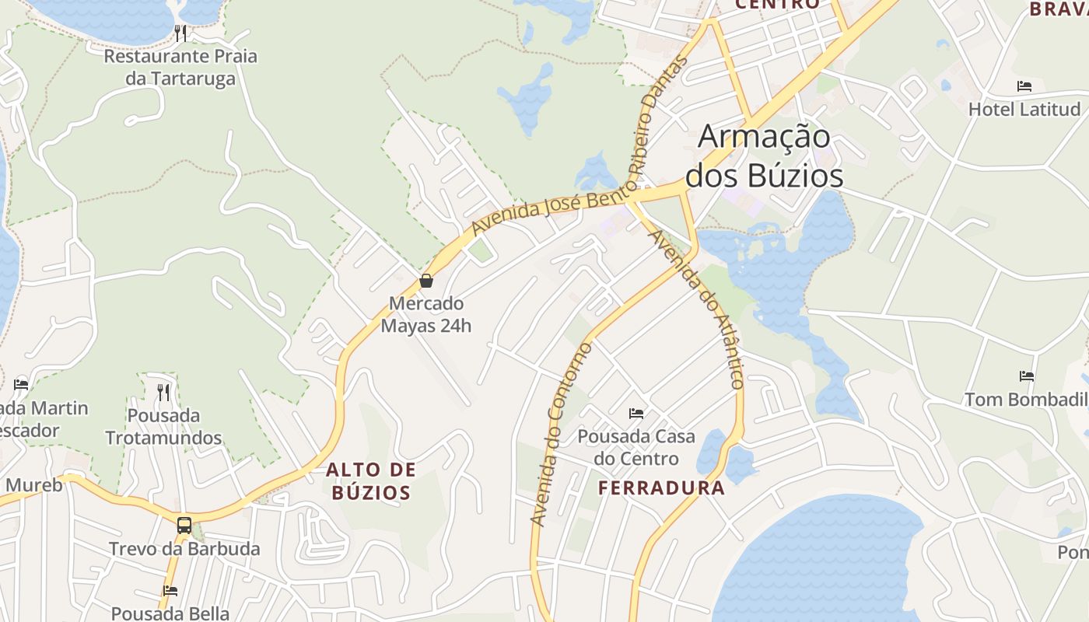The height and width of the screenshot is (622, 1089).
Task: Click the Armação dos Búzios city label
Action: (x=764, y=156)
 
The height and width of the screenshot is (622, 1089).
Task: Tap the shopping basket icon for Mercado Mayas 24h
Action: (x=426, y=281)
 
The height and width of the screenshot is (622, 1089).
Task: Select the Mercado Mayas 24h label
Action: (x=426, y=314)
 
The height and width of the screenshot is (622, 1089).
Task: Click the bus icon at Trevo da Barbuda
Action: (x=184, y=525)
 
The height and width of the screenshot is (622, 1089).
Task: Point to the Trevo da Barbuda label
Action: (x=184, y=549)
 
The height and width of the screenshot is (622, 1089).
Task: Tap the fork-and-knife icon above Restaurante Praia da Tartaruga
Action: (x=180, y=33)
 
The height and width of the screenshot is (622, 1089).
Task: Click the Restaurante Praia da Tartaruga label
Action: (x=180, y=67)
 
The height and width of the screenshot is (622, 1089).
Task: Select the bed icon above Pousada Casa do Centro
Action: (x=636, y=413)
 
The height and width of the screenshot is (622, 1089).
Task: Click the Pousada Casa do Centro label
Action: (x=636, y=447)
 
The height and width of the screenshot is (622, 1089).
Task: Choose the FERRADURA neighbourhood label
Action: (x=661, y=488)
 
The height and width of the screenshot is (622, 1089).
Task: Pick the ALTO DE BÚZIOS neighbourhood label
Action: (x=371, y=480)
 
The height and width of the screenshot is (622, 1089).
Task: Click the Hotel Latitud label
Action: (x=1024, y=110)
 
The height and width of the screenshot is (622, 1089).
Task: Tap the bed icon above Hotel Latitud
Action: (x=1024, y=86)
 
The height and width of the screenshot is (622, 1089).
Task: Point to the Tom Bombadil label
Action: (x=1025, y=400)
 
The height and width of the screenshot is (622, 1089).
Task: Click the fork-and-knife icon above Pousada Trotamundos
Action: (x=163, y=392)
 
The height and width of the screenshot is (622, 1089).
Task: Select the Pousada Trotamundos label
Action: (x=163, y=426)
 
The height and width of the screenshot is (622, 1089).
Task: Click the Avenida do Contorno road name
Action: (x=561, y=435)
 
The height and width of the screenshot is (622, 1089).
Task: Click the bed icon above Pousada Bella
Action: (x=170, y=591)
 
